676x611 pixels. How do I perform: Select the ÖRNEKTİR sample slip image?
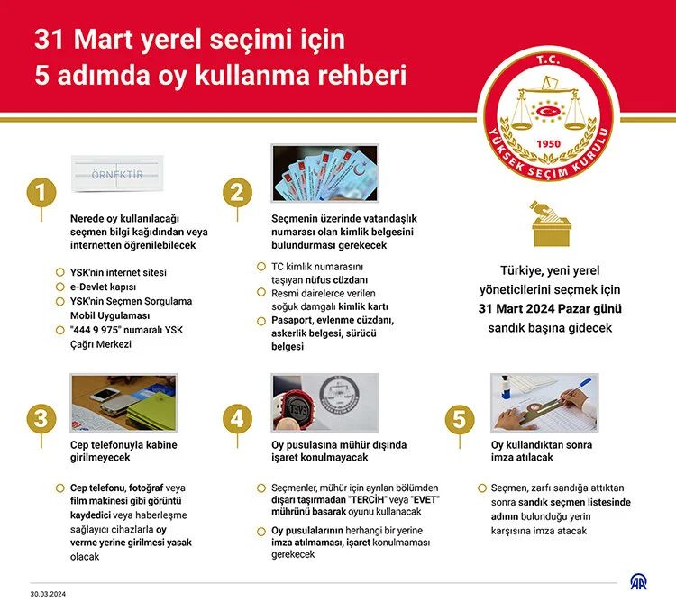(x=117, y=174)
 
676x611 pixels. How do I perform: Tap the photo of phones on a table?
(x=123, y=401)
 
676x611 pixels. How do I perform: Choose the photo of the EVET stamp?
(x=325, y=401)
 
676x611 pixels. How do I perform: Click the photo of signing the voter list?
(x=544, y=401)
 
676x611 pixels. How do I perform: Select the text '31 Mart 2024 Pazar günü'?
(x=550, y=309)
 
